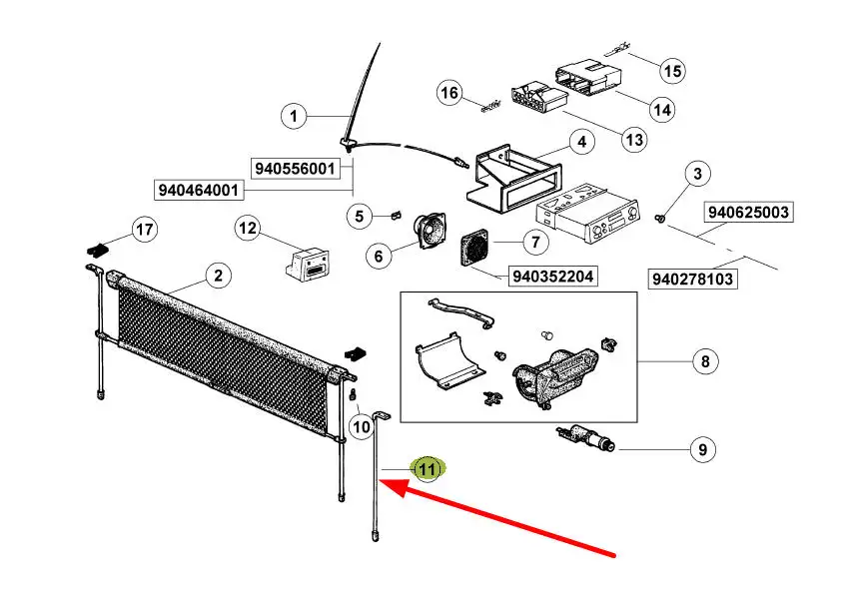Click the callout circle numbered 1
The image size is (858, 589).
[x=294, y=118]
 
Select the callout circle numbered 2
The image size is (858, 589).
[x=217, y=276]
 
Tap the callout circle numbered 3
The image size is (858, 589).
[x=698, y=174]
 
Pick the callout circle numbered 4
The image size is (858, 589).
[x=580, y=143]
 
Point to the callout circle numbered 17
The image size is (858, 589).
[x=145, y=231]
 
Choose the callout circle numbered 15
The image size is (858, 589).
[x=672, y=71]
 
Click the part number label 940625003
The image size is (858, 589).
[x=748, y=212]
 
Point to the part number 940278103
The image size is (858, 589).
[x=694, y=279]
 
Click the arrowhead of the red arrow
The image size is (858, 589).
[x=388, y=485]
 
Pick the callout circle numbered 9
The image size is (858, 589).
[x=701, y=450]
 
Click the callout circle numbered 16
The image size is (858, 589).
[x=450, y=93]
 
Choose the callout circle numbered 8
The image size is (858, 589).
[x=705, y=361]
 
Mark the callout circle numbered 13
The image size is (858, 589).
[x=634, y=139]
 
